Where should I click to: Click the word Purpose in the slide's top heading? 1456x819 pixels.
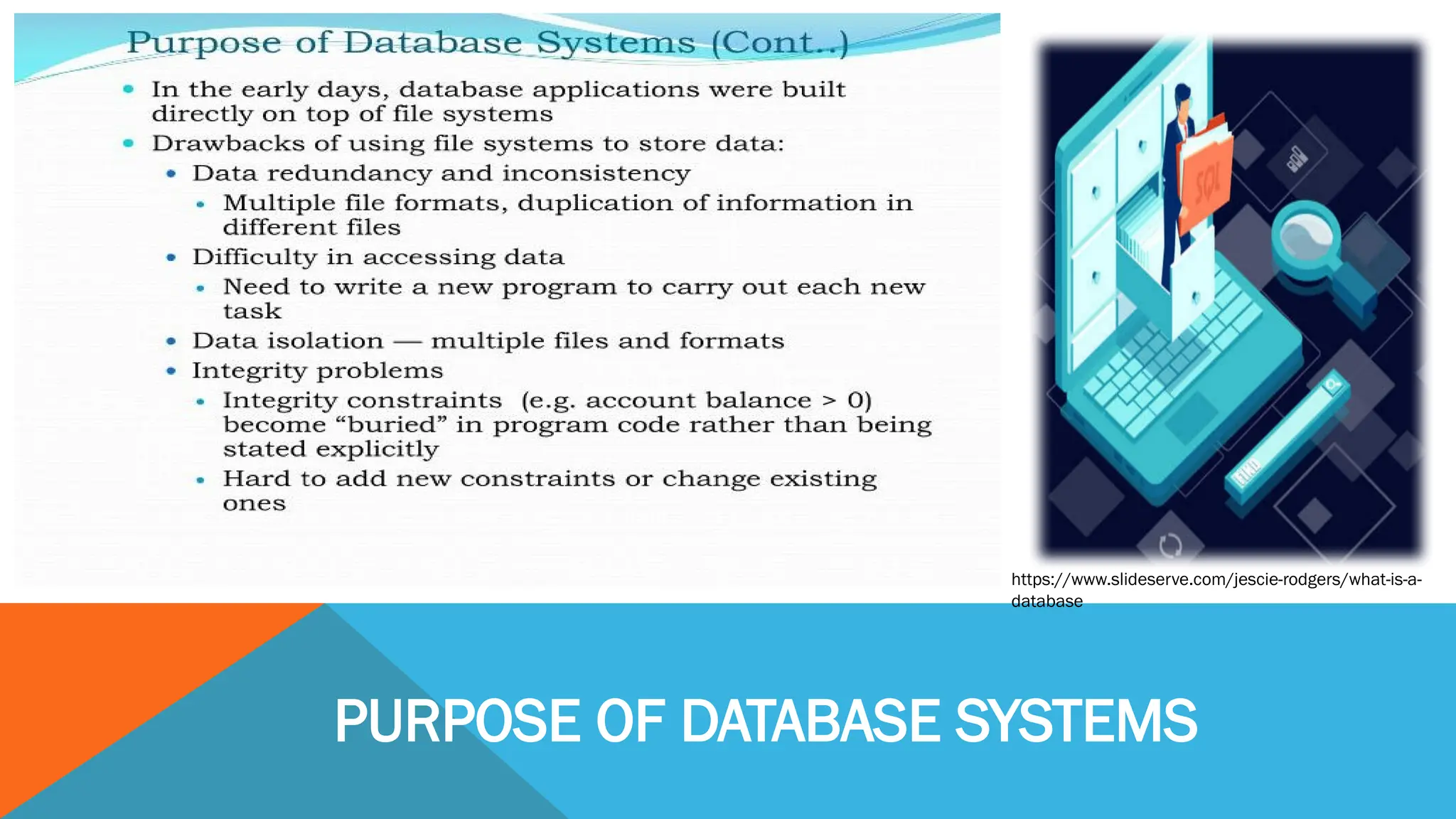(x=203, y=43)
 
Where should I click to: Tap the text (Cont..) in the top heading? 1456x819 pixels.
(x=780, y=43)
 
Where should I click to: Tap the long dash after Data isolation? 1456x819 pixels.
(x=407, y=342)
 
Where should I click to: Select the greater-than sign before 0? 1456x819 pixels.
(x=829, y=401)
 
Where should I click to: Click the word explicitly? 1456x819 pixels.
(x=377, y=449)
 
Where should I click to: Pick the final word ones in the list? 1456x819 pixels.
(x=254, y=504)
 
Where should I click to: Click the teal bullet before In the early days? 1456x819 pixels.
(x=129, y=89)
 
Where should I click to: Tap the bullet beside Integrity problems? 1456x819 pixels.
(x=171, y=371)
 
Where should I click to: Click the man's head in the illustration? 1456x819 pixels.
(x=1182, y=95)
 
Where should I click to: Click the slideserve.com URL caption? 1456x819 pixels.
(x=1216, y=589)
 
